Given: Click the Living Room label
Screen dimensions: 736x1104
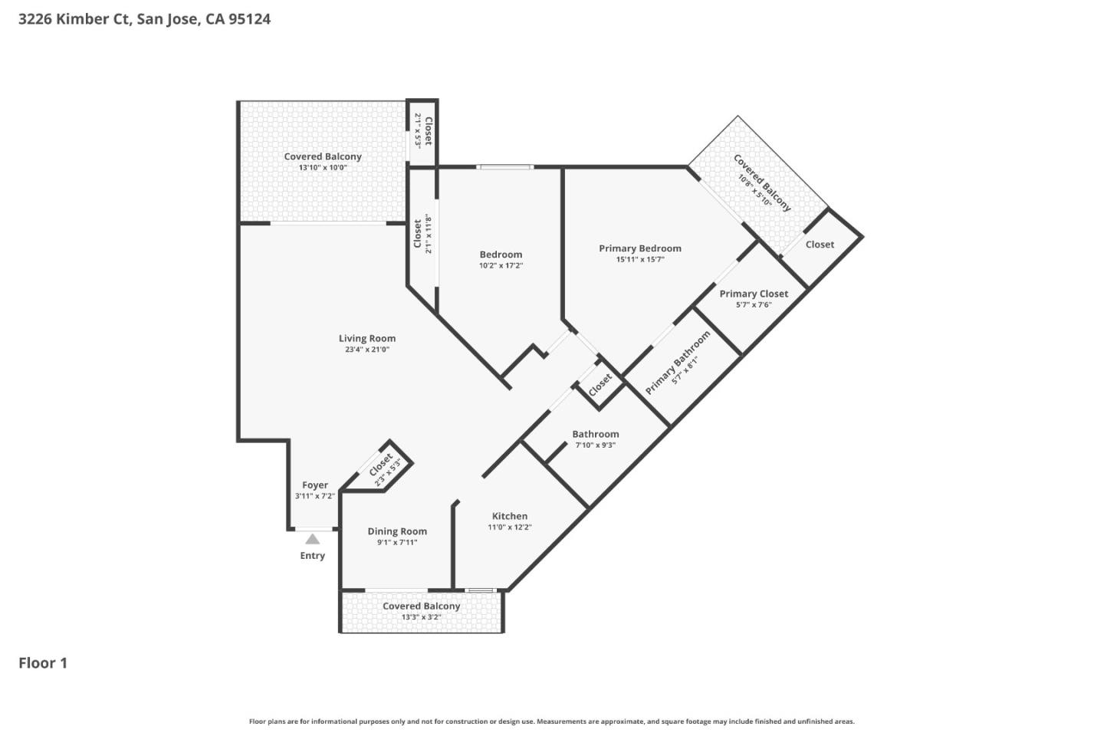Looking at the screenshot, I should coord(367,338).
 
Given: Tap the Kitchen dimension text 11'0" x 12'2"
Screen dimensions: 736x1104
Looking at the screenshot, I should coord(510,527).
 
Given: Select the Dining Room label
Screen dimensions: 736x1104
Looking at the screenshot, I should coord(397,531).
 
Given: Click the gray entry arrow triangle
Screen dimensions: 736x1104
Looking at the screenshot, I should coord(313,539).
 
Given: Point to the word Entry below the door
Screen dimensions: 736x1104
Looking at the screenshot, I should coord(313,556).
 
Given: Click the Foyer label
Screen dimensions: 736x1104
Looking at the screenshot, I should coord(315,485).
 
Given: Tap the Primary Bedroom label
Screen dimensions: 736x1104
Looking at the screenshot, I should coord(640,248).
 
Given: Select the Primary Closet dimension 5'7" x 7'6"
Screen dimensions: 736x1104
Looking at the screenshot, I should coord(754,305).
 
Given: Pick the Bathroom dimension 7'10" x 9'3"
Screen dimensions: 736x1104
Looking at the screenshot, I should coord(596,445).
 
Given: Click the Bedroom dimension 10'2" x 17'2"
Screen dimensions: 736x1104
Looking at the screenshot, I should coord(501,266).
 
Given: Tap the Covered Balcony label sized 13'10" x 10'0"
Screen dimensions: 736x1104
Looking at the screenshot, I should coord(323,156).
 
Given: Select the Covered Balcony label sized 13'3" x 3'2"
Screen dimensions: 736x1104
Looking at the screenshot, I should coord(422,606).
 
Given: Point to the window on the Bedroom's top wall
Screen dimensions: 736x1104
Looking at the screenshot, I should coord(504,166).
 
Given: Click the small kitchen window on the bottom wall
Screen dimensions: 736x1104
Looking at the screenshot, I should coord(481,590).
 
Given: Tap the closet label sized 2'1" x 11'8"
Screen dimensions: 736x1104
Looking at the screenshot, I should coord(418,234).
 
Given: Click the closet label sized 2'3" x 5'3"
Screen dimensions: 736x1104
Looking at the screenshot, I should coord(381,465).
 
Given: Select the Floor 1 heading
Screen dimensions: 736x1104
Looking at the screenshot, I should coord(43,663).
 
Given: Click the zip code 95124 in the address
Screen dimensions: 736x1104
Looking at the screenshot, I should coord(249,19).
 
